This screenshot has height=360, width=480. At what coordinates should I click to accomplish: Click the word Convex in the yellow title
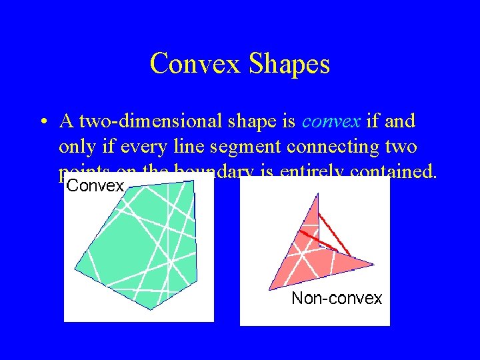coord(197,64)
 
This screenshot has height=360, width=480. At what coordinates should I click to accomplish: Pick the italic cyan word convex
coord(331,122)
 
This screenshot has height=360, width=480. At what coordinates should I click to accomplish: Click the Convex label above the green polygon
coord(95,186)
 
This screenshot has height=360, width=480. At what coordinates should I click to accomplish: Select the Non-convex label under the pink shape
coord(337,298)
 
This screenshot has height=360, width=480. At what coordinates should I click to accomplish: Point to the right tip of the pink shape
coord(373,265)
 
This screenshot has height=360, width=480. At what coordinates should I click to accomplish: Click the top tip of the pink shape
coord(318,193)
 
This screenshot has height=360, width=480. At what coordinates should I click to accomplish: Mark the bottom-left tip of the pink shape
coord(269,289)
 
